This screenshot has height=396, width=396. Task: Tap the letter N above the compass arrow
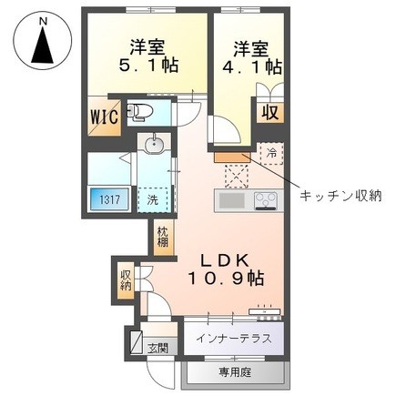43,21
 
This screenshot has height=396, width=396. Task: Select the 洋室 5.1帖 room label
147,56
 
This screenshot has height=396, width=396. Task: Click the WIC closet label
105,117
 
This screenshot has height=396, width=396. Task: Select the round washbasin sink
155,145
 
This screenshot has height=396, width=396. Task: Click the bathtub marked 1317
109,199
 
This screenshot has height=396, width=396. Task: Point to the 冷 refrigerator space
271,154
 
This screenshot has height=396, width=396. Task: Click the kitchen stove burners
267,200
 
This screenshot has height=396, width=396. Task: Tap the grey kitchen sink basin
232,200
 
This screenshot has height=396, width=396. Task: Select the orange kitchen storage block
232,157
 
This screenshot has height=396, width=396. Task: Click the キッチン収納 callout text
340,197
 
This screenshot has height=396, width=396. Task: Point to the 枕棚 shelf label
162,237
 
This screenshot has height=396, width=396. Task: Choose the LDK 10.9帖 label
226,269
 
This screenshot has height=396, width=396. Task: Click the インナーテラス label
233,338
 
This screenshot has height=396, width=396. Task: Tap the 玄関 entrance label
157,348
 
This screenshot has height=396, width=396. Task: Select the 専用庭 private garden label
235,372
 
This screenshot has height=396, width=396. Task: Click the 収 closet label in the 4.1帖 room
270,112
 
